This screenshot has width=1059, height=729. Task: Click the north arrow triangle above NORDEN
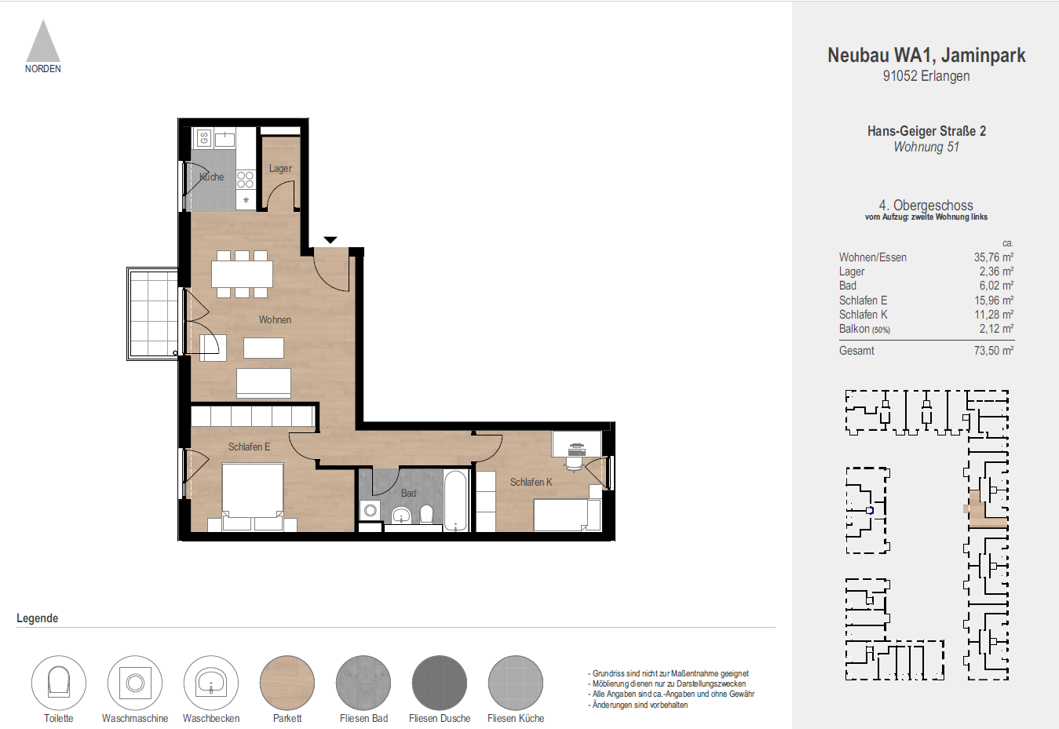pos(43,44)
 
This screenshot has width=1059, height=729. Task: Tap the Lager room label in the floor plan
pos(280,169)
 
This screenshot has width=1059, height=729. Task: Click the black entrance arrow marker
pos(330,239)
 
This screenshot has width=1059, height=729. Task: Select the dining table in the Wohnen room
pos(242,274)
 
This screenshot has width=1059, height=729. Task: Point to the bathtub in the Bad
pos(455,501)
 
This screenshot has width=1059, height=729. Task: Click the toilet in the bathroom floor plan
pos(426,514)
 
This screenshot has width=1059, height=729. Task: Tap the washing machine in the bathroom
pos(370,510)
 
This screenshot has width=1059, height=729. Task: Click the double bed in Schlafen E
pos(253,494)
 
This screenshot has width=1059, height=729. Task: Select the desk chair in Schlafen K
pos(576,463)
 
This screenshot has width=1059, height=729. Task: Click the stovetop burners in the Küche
pos(246,180)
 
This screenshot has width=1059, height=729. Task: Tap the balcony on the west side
pos(153,313)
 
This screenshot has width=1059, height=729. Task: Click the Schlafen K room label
pos(531,483)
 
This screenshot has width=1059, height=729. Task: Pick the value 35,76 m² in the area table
pos(993,257)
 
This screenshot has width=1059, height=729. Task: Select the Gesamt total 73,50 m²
pos(993,351)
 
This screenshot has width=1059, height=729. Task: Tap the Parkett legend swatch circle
pos(287,683)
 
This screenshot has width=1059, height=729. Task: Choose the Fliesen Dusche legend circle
pos(440,683)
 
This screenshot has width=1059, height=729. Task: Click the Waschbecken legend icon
pos(211,683)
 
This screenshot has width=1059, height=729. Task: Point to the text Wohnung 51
pos(926,147)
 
